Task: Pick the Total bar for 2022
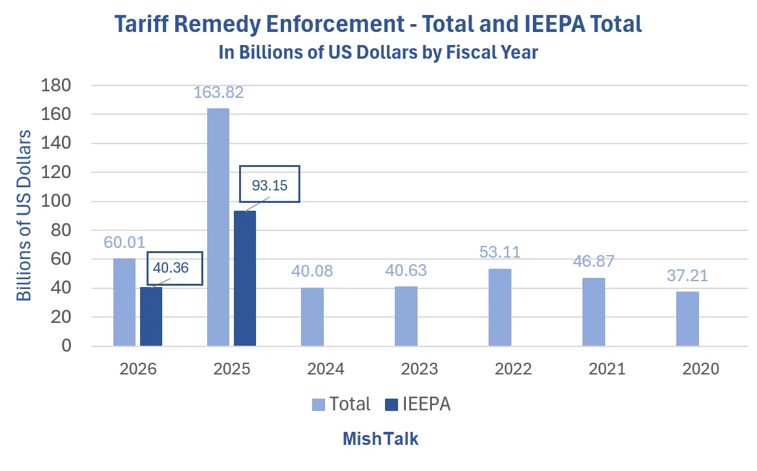tap(500, 307)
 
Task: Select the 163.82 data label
tap(218, 93)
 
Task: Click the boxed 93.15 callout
tap(270, 185)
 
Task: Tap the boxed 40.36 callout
tap(174, 268)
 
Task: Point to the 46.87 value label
tap(593, 262)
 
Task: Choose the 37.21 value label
tap(687, 275)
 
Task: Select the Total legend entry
tap(341, 404)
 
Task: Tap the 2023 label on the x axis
tap(419, 369)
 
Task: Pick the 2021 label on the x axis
tap(607, 369)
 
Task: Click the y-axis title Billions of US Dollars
tap(24, 215)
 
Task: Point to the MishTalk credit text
tap(380, 439)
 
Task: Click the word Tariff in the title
tap(145, 25)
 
